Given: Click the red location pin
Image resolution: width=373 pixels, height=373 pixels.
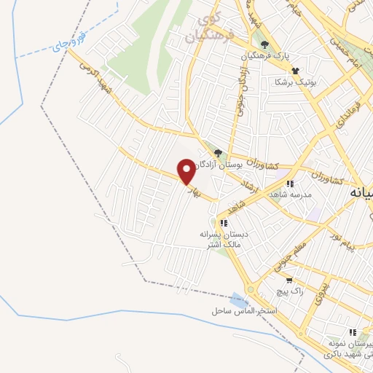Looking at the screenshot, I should point(187,172).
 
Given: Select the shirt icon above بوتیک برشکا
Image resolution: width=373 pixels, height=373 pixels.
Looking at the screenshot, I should point(295,71).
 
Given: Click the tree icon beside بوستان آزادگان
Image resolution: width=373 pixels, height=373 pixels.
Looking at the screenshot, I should point(218,152).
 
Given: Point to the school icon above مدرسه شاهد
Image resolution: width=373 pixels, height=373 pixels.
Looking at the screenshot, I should point(290,184).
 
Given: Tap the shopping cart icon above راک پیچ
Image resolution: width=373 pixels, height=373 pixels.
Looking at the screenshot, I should point(289,280).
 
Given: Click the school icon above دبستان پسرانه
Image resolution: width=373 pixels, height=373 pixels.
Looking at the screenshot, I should point(224,223).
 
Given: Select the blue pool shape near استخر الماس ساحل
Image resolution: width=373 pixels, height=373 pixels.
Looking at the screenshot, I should point(237,300).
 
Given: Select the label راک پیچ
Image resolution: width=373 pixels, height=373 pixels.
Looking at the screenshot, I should point(289,291).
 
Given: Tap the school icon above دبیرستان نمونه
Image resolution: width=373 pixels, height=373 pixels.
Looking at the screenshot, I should point(353,332).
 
